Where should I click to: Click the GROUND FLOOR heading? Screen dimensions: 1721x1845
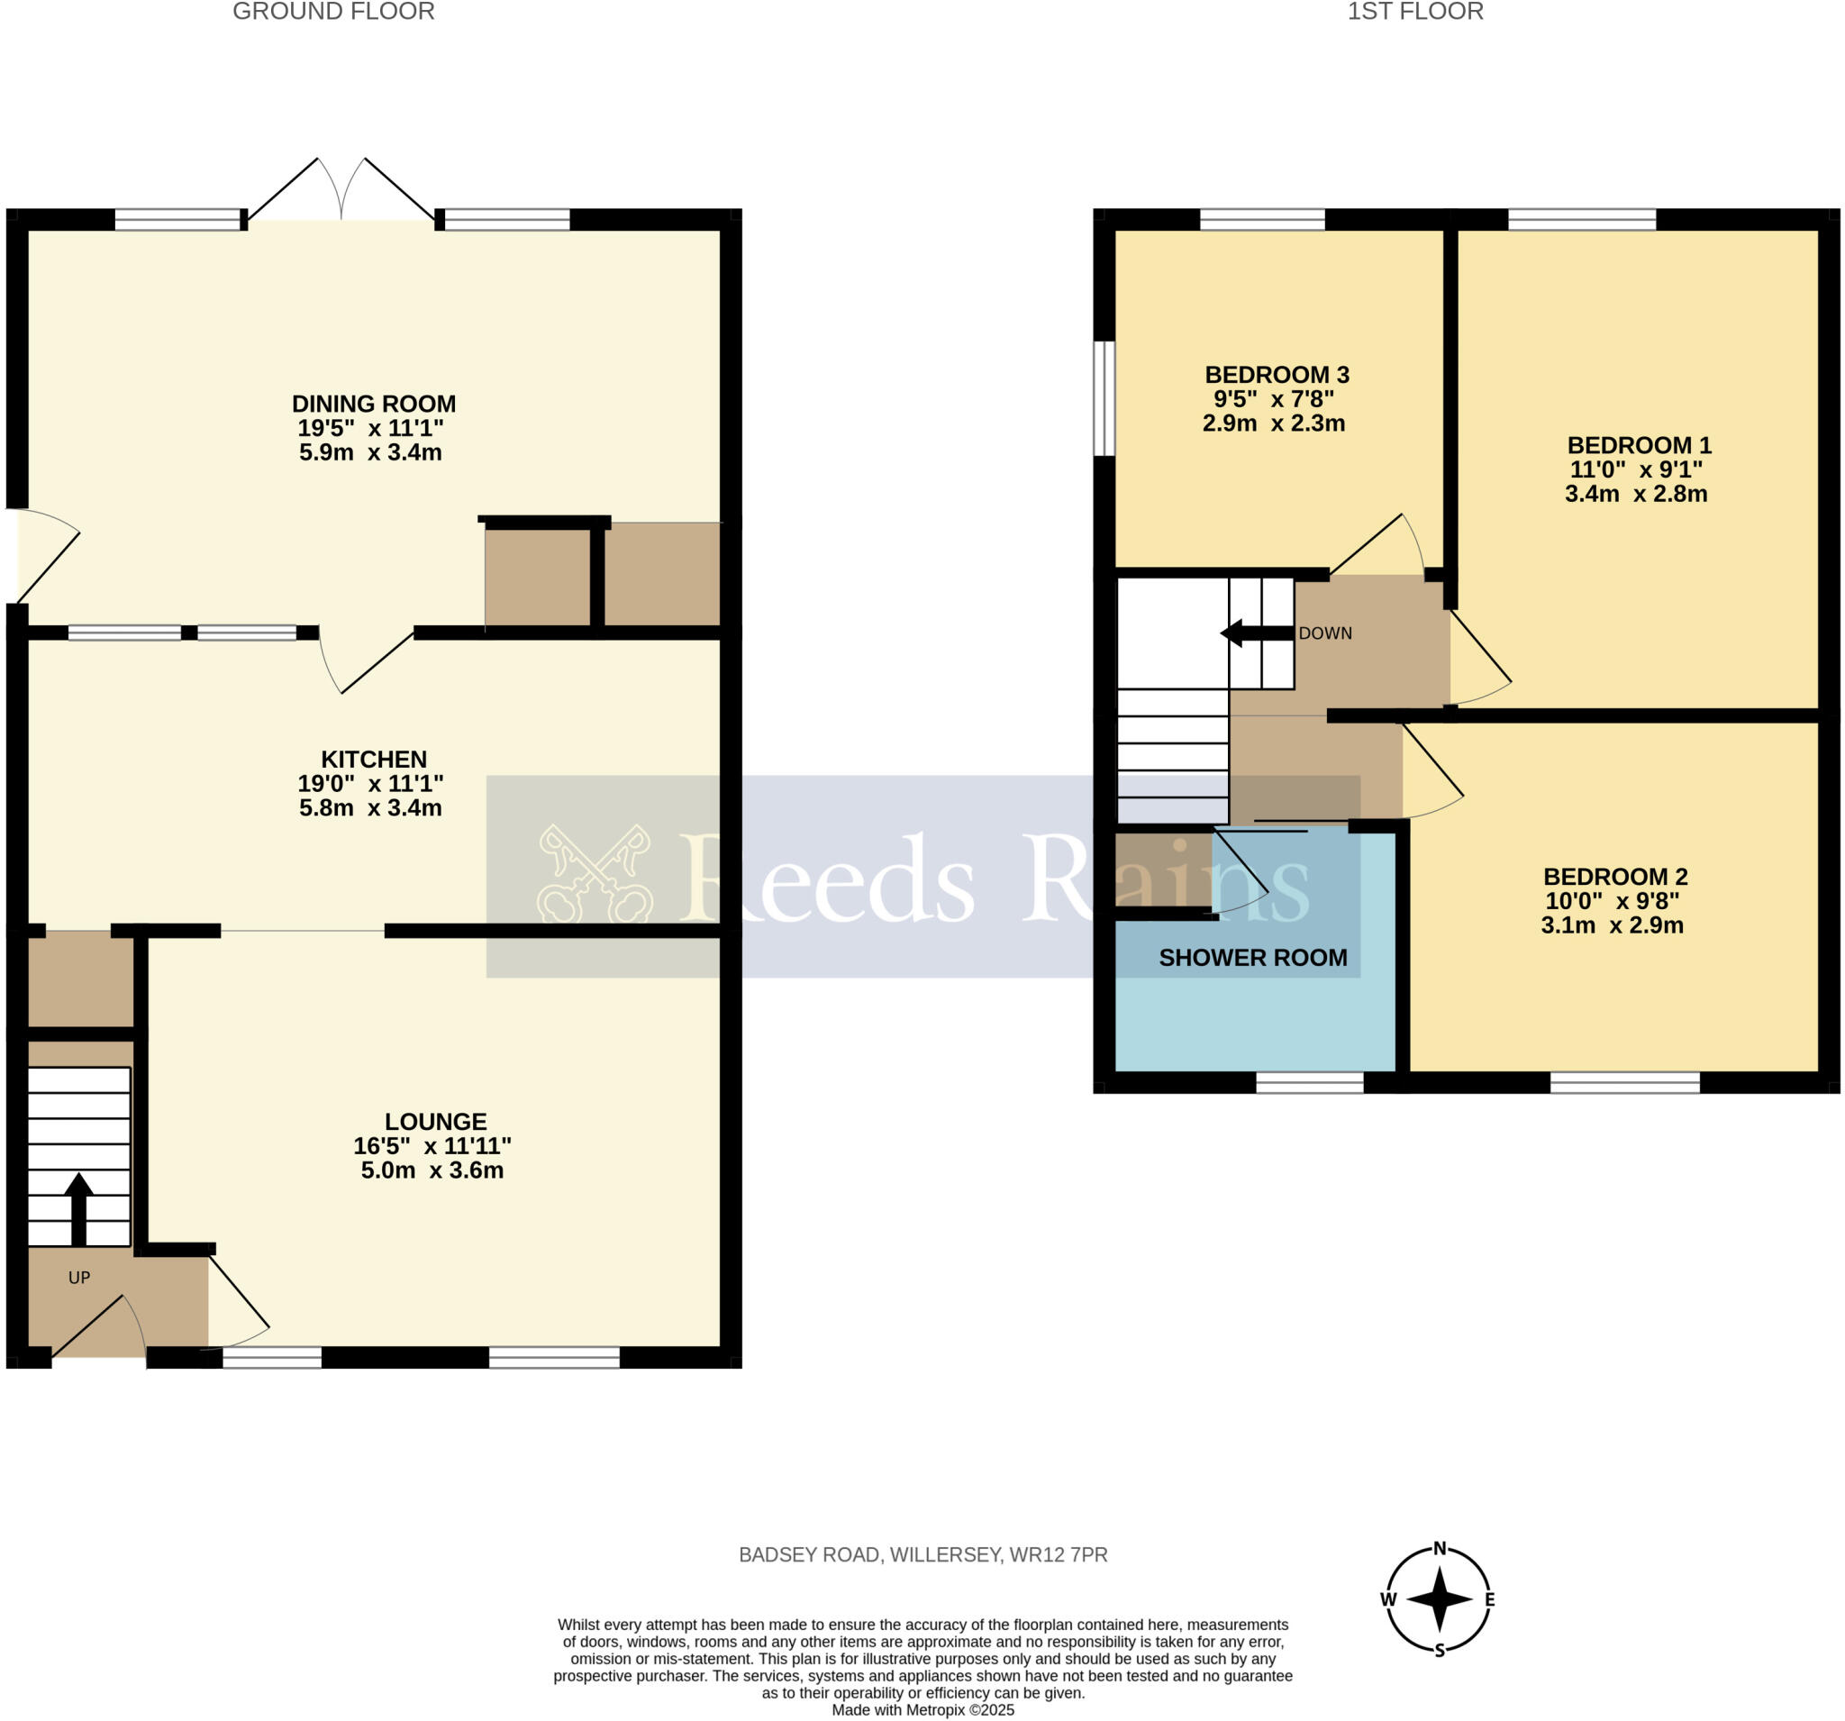click(x=333, y=12)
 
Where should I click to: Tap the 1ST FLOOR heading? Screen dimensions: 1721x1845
click(x=1415, y=12)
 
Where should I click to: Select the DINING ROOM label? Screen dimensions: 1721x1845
click(x=373, y=404)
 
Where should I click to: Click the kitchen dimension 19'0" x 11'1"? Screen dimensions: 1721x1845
click(x=370, y=783)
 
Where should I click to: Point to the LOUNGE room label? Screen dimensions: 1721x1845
click(x=435, y=1121)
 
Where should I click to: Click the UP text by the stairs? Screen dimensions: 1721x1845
click(x=79, y=1279)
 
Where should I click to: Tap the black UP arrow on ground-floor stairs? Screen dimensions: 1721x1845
click(x=79, y=1207)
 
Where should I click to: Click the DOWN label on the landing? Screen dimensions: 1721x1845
click(x=1324, y=633)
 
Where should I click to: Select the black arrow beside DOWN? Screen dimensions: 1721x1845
click(x=1256, y=634)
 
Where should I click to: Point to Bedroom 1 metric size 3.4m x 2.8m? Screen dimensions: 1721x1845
click(x=1635, y=494)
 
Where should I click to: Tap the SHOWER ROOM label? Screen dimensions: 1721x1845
click(x=1252, y=958)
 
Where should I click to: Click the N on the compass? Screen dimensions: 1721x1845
click(x=1440, y=1547)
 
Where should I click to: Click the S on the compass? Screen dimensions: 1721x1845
click(x=1440, y=1651)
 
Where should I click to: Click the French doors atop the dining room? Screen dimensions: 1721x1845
click(x=341, y=190)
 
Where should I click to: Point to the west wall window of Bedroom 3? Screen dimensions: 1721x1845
click(x=1104, y=398)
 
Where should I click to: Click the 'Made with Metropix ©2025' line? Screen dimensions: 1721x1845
click(x=922, y=1710)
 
